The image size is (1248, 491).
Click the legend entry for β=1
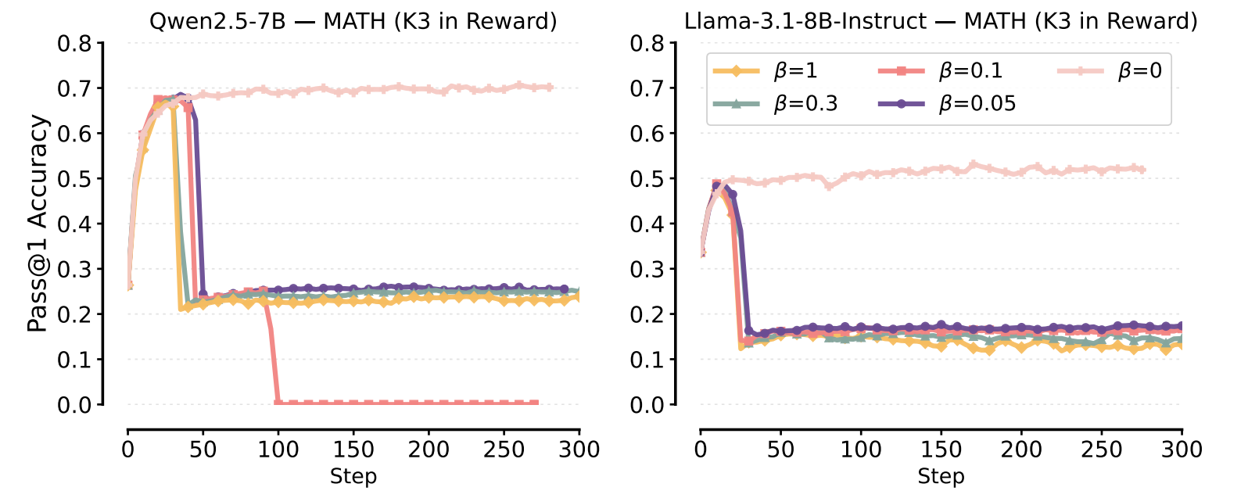coord(766,71)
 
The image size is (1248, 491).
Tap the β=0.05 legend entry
coord(946,103)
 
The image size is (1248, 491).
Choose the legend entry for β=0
coord(1110,71)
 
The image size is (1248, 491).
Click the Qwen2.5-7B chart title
coord(353,20)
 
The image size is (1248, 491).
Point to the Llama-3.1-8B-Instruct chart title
coord(941,20)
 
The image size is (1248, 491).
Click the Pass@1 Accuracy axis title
coord(38,224)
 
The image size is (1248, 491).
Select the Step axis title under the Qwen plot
coord(353,476)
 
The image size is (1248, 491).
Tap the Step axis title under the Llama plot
coord(941,476)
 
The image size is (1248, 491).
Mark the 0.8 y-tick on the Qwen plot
coord(74,43)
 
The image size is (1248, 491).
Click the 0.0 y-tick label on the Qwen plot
coord(74,405)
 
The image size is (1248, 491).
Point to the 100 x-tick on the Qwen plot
coord(278,450)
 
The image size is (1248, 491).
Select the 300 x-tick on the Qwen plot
coord(579,450)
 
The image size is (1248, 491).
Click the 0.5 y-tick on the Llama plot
coord(647,179)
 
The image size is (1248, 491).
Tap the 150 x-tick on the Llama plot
coord(941,450)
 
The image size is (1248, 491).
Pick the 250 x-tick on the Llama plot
coord(1101,450)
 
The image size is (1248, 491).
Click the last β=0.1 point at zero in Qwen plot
coord(535,403)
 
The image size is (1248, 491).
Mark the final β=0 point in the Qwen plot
coord(549,87)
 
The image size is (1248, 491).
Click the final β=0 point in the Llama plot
coord(1142,169)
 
